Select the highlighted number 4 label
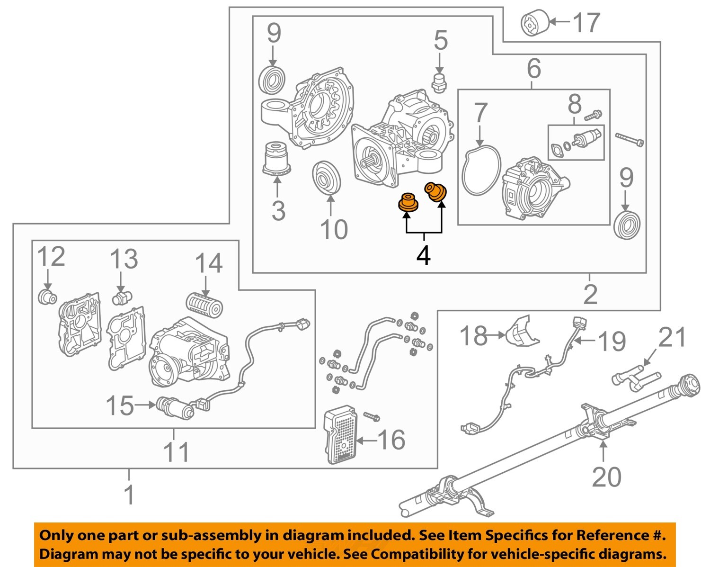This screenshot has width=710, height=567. click(423, 256)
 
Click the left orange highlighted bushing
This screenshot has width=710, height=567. click(408, 202)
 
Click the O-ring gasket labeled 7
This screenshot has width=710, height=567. click(481, 170)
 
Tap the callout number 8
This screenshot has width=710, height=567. click(575, 104)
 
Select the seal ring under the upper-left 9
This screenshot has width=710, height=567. click(273, 80)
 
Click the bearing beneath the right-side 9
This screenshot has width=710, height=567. click(627, 225)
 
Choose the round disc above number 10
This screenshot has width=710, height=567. click(326, 178)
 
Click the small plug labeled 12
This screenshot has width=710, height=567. click(47, 297)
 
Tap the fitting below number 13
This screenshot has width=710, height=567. click(122, 298)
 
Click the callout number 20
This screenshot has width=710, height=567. click(606, 477)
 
